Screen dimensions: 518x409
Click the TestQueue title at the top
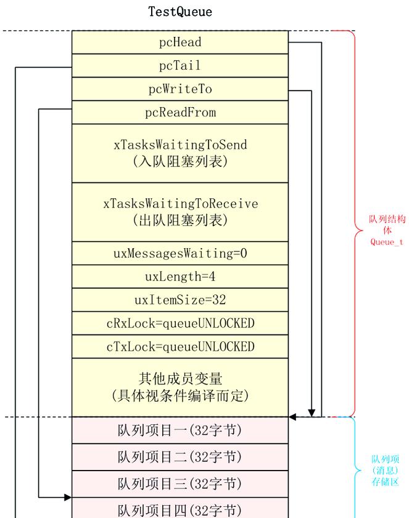pos(180,12)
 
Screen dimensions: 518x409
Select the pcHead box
pos(180,42)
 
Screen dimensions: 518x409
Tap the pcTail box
pos(180,66)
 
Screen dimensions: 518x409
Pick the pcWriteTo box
pos(180,89)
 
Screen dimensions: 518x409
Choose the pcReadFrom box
pos(180,113)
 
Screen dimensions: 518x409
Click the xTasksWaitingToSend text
pos(180,145)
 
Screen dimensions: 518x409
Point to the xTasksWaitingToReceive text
pos(180,204)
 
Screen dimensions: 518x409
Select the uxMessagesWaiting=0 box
pos(180,253)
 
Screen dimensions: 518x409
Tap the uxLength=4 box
pos(180,277)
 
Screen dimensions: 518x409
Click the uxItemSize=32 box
pos(180,300)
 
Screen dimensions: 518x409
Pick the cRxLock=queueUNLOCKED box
pos(180,323)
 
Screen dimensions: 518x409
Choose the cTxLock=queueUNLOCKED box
pos(180,347)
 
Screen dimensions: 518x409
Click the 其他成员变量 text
pos(180,378)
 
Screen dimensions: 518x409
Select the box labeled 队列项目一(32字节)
pos(180,431)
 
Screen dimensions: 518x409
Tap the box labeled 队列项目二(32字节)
pos(180,457)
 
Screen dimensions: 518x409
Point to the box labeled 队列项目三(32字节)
pos(180,484)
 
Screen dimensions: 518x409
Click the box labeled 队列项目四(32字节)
pos(180,510)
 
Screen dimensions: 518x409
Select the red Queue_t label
pos(387,242)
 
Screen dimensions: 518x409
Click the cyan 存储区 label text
pos(386,481)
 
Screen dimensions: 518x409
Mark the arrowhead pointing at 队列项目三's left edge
pos(68,497)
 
